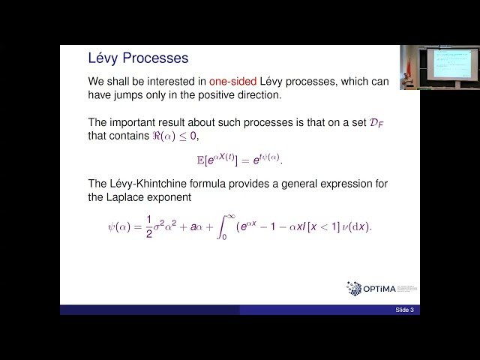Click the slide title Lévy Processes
138,58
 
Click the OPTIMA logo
382,288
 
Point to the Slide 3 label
404,310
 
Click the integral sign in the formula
222,226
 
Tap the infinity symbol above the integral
232,216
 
